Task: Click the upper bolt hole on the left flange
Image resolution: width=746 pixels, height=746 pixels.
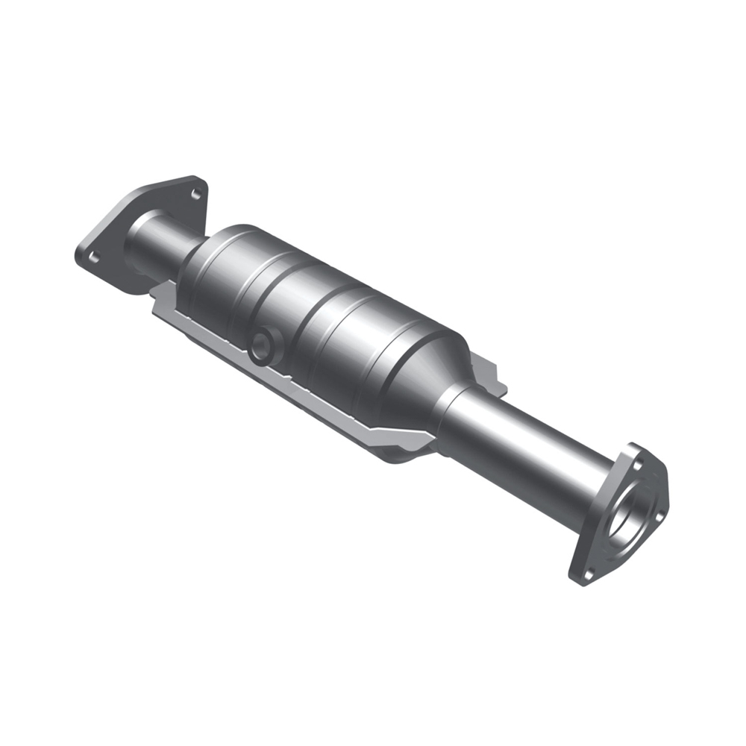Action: (195, 194)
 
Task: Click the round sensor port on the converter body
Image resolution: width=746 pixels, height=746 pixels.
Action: (262, 347)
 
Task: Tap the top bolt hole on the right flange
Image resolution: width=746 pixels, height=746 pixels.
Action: (636, 464)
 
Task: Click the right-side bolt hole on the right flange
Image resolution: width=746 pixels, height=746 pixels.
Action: (659, 511)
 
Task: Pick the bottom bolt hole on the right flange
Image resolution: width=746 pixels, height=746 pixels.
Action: (587, 573)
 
